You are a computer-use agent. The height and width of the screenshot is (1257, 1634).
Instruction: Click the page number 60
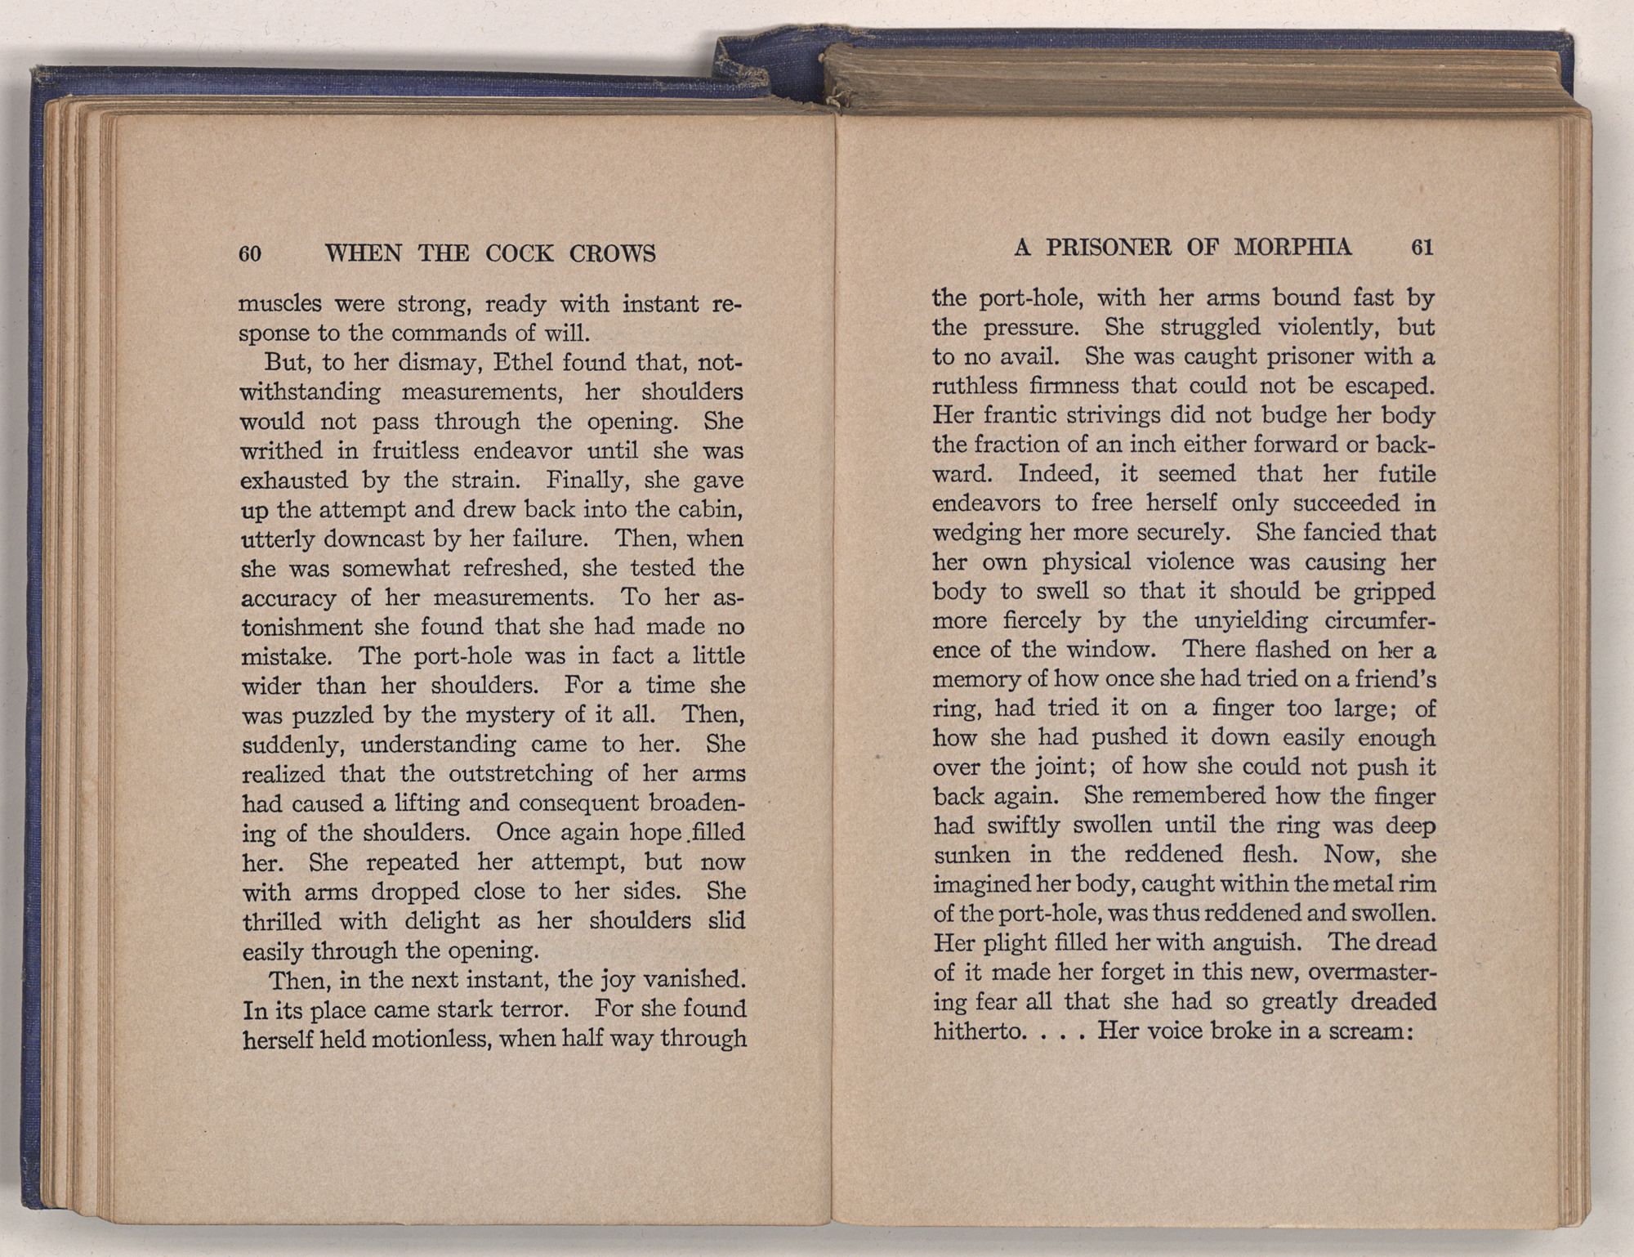pos(250,254)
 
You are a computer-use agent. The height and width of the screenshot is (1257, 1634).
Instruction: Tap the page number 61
pos(1422,248)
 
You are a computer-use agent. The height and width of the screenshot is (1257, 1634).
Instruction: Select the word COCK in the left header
pos(520,253)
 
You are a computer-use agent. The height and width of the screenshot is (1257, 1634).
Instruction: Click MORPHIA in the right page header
pos(1292,248)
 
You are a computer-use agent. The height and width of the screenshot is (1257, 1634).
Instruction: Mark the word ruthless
pos(975,386)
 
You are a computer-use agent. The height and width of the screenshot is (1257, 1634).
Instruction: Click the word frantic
pos(1020,415)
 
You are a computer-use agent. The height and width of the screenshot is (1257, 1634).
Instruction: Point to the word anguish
pos(1255,943)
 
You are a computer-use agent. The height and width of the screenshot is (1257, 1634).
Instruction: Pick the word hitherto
pos(976,1031)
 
